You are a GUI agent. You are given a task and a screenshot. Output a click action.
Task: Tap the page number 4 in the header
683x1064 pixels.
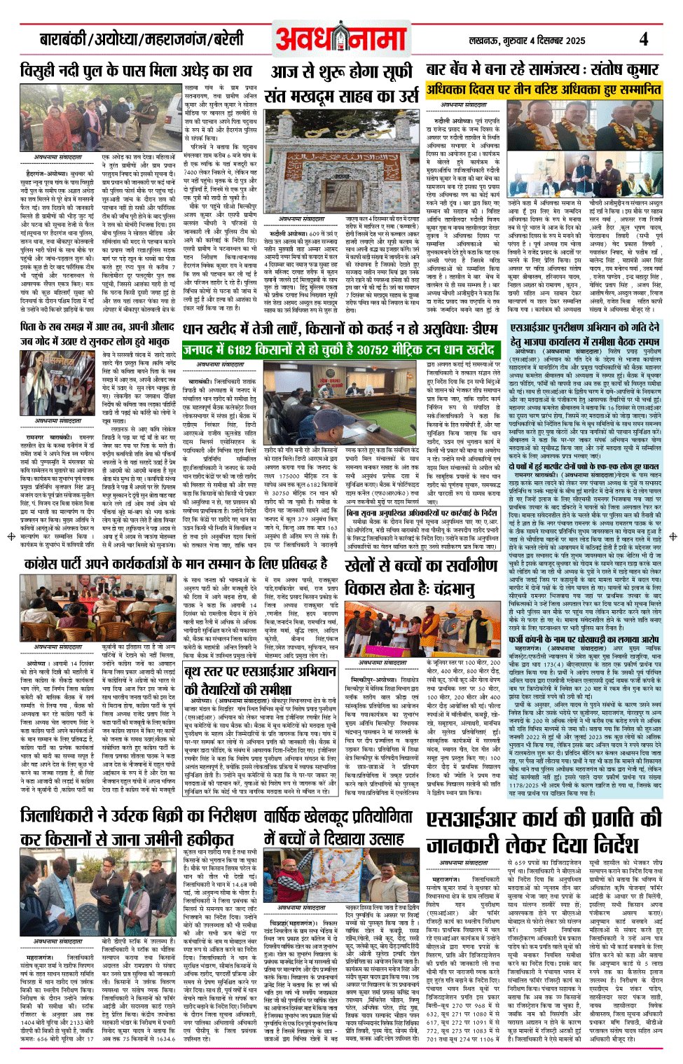643,39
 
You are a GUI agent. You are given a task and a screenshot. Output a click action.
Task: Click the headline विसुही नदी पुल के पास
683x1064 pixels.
136,71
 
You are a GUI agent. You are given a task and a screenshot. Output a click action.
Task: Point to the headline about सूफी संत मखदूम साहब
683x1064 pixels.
343,84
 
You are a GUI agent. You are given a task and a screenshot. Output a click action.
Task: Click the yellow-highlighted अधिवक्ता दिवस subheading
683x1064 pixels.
544,89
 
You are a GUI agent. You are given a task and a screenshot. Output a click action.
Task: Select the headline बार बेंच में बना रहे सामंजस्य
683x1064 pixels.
542,70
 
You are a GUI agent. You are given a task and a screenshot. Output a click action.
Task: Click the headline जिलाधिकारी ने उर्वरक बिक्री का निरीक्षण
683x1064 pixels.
138,827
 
